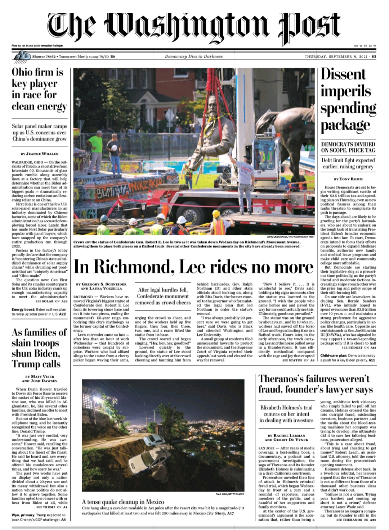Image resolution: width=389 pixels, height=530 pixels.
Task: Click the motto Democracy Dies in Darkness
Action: [x=194, y=56]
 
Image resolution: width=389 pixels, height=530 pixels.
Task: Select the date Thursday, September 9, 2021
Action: [x=335, y=56]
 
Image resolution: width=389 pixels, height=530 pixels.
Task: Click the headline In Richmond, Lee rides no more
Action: [x=193, y=267]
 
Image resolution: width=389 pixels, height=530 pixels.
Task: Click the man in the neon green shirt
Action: [x=95, y=151]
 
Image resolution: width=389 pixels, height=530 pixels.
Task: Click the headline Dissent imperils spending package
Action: [x=348, y=100]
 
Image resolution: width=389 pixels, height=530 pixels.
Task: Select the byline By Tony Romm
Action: [x=348, y=178]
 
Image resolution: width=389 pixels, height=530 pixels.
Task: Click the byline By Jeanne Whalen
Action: [x=40, y=154]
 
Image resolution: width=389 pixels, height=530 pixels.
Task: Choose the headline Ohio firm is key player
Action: [x=39, y=89]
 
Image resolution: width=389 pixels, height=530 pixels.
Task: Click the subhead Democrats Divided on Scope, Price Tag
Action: [x=348, y=147]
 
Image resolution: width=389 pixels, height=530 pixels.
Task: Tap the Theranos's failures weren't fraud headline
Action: [x=316, y=384]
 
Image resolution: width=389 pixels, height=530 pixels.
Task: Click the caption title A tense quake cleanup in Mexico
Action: [x=123, y=502]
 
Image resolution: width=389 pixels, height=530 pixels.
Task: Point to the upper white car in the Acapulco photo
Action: [x=154, y=440]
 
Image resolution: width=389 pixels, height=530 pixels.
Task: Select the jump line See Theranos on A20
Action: [x=356, y=520]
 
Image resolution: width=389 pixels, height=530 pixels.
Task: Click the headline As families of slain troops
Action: [x=39, y=348]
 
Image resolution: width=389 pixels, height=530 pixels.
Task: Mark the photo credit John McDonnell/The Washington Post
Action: [x=291, y=237]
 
